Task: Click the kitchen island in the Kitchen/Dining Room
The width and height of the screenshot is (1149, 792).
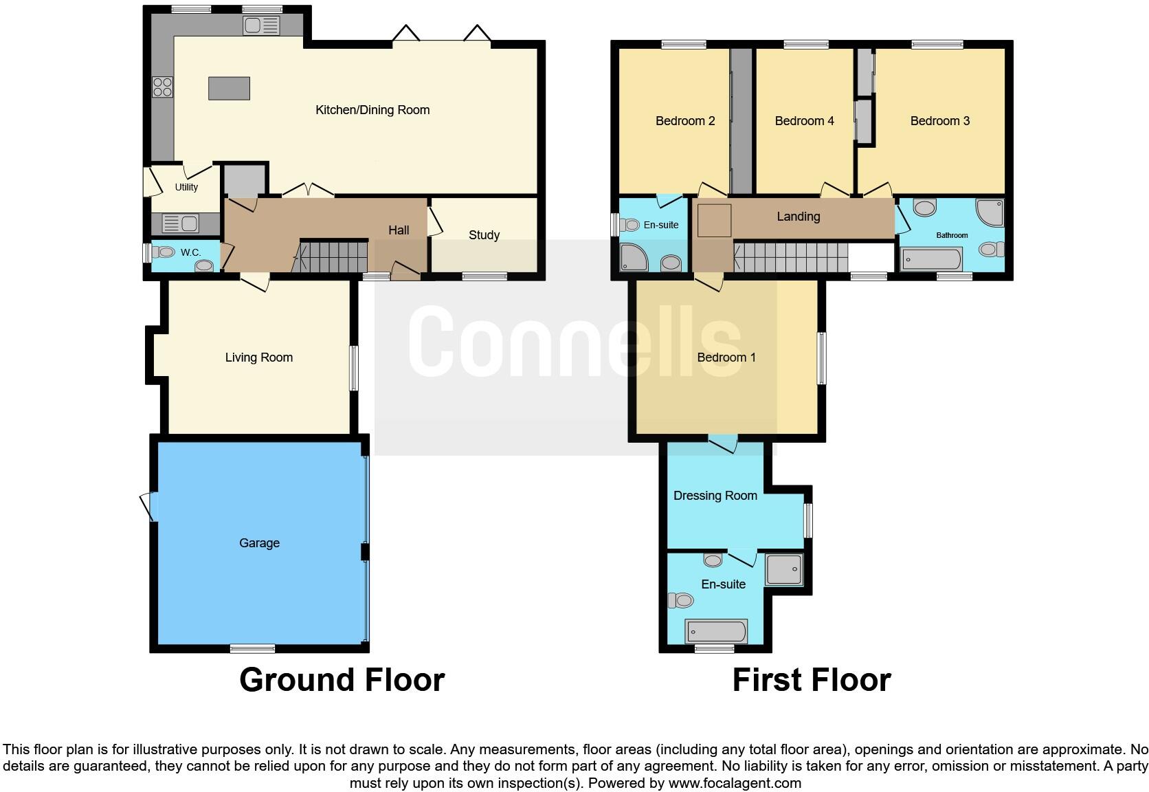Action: pos(229,89)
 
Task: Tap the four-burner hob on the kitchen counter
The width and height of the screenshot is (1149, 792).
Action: pos(163,87)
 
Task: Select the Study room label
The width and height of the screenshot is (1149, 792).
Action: pos(484,235)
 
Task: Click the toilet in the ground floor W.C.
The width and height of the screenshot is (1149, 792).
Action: pos(164,252)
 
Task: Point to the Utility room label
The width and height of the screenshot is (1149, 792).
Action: pos(186,187)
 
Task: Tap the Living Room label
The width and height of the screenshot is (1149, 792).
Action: pos(259,357)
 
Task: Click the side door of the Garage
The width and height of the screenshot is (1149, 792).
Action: pos(148,507)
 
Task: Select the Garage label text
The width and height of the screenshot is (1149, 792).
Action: pos(259,543)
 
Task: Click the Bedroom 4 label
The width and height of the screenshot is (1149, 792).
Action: pos(804,121)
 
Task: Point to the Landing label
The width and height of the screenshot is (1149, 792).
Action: pos(798,217)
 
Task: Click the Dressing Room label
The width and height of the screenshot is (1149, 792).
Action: pos(715,496)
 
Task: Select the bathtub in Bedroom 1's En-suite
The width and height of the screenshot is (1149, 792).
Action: pos(716,630)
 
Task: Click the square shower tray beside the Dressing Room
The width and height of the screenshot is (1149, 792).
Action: pos(784,569)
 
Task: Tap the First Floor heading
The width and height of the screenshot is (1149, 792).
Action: pos(811,680)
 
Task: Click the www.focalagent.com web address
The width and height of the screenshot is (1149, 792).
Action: pos(734,783)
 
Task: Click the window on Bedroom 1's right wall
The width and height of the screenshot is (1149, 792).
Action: pos(821,358)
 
